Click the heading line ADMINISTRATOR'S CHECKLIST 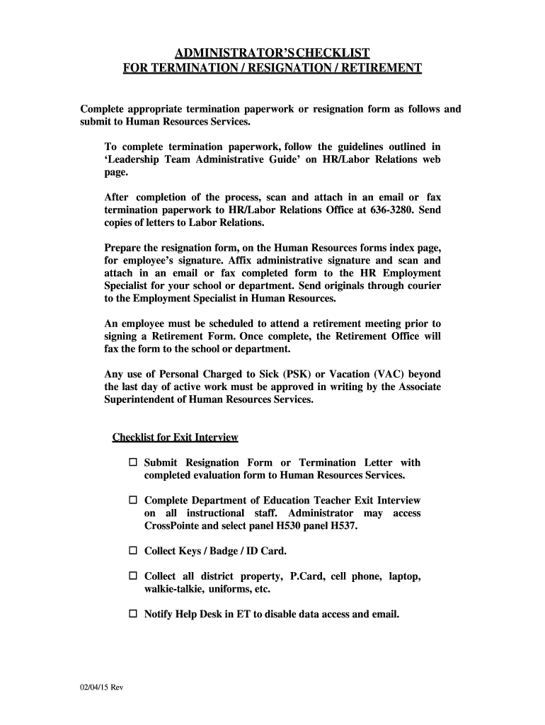[x=272, y=53]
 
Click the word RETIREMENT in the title [x=382, y=68]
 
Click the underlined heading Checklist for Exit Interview [x=176, y=438]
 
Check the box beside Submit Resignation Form [x=133, y=462]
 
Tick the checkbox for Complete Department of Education [x=133, y=501]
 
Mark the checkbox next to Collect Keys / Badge [x=133, y=550]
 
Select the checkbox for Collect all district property [x=133, y=576]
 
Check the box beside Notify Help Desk [x=133, y=614]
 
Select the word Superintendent [x=142, y=399]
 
